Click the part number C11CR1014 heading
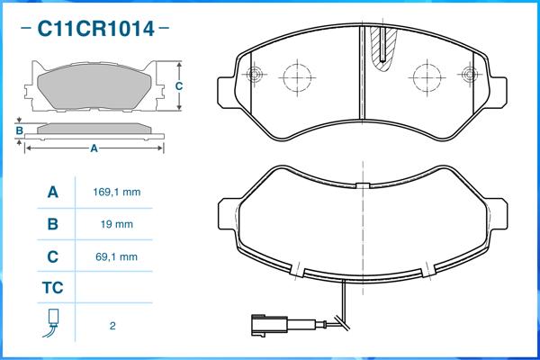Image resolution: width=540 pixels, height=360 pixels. click(95, 28)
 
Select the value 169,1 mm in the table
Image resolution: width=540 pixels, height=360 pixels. click(117, 192)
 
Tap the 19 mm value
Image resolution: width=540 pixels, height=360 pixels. click(117, 224)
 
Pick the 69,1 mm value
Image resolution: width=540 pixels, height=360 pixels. click(116, 256)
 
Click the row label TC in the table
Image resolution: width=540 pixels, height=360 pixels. click(53, 288)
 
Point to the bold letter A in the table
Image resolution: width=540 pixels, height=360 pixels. click(53, 192)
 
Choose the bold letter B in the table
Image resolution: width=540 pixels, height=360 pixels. click(53, 224)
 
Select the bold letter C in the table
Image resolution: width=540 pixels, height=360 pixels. click(52, 256)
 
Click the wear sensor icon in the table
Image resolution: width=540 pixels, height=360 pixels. click(51, 323)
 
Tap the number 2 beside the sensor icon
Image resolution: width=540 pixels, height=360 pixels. click(112, 326)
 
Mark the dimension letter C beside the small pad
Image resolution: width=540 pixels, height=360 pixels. click(179, 85)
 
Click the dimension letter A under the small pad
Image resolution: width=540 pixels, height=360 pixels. click(94, 148)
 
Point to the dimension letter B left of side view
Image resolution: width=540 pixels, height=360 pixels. click(20, 130)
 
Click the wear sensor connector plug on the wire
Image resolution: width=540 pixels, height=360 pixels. click(269, 325)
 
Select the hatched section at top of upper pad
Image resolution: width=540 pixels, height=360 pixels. click(383, 48)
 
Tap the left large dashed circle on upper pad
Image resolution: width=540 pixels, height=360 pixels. click(297, 77)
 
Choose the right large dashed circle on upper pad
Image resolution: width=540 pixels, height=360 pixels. click(427, 77)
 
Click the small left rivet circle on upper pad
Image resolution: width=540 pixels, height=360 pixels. click(255, 74)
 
